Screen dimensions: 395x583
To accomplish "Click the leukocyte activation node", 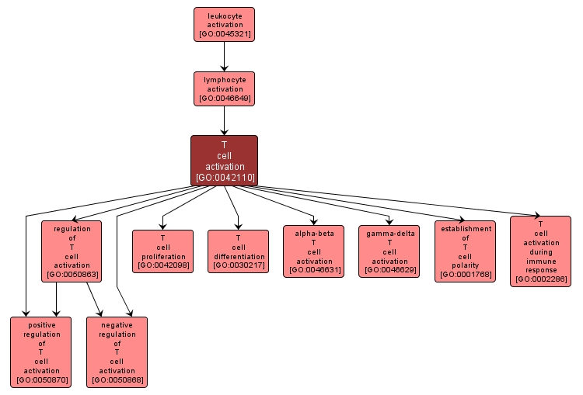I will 224,24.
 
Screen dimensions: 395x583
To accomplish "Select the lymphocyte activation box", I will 224,88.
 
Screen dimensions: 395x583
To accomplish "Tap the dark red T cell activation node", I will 224,161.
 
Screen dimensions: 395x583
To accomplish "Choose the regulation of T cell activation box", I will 72,251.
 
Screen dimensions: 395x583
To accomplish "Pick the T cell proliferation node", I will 162,251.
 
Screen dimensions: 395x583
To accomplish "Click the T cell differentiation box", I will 238,251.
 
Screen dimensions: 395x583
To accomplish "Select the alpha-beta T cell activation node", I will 314,251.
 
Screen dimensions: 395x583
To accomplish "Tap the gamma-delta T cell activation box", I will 389,251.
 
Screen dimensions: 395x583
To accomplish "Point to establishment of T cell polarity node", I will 466,251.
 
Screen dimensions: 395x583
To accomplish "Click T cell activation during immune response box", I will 540,251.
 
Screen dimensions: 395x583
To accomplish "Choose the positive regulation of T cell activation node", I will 41,352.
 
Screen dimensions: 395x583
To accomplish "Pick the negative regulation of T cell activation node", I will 117,352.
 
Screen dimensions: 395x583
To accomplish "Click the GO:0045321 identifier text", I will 224,34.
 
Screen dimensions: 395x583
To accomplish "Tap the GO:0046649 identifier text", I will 224,99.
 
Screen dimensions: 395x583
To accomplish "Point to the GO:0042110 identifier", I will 224,178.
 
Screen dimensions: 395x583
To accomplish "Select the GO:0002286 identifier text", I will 540,279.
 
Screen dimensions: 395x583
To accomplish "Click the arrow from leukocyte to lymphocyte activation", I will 224,56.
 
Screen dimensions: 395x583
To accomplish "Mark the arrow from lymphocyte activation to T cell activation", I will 224,120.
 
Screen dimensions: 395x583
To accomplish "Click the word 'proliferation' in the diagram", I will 162,256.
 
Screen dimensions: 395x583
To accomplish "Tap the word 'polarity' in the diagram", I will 466,265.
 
